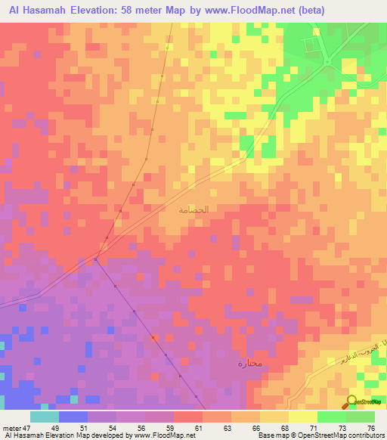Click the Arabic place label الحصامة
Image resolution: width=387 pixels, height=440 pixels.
point(193,209)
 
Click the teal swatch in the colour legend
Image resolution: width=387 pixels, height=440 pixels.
point(45,417)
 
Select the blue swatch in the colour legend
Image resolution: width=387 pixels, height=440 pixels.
point(73,417)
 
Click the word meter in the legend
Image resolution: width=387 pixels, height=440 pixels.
point(12,429)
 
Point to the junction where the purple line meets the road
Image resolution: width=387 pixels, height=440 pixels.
point(96,259)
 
